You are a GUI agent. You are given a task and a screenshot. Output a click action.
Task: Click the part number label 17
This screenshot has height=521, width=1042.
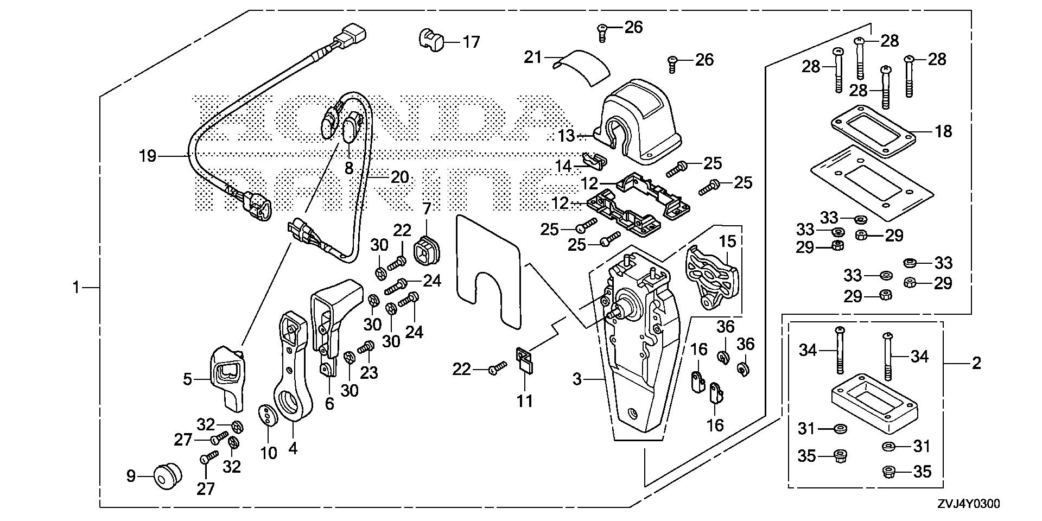coord(471,41)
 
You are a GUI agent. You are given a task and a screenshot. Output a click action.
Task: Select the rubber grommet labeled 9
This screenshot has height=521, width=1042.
coord(166,476)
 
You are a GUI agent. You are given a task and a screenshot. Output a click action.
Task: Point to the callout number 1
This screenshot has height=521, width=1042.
coord(77,287)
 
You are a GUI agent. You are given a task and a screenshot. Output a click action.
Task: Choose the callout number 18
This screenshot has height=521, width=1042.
coord(944,131)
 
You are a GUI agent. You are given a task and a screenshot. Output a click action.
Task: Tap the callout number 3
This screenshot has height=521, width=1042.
coord(577,379)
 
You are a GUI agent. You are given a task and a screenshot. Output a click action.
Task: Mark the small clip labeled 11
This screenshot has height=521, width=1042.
coord(525,361)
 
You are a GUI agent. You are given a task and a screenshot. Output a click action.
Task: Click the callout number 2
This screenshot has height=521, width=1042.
coord(976,363)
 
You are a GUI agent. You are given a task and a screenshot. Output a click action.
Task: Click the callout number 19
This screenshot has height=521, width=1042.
coord(147,157)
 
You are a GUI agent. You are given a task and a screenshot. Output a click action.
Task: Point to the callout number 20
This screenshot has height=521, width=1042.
coord(399,177)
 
